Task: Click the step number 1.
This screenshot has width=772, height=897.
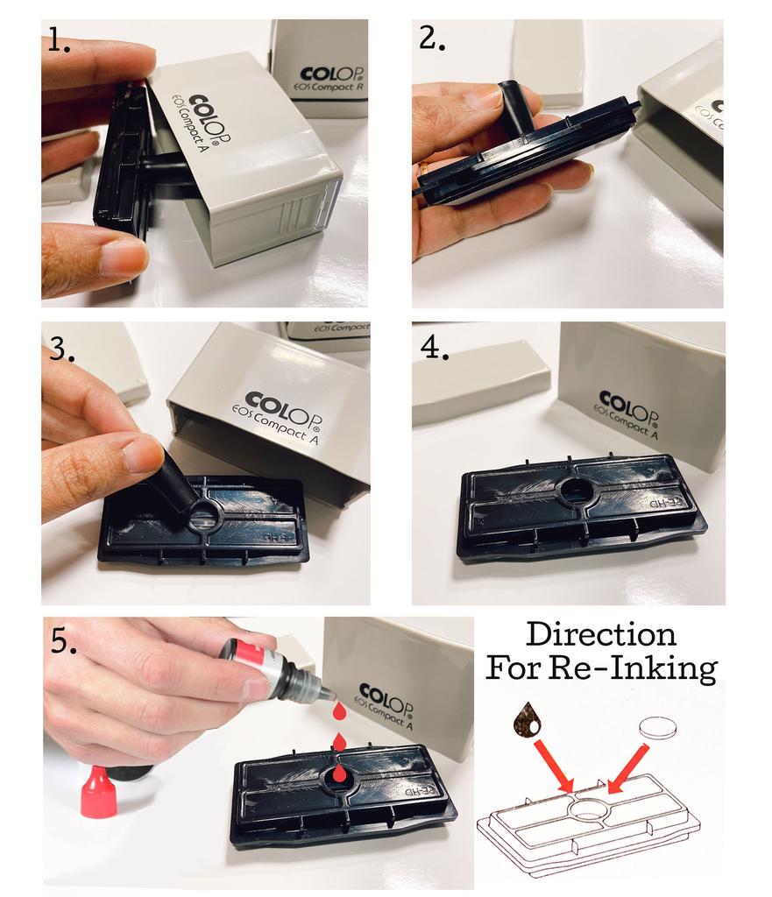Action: tap(60, 41)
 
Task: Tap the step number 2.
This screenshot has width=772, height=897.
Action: tap(433, 39)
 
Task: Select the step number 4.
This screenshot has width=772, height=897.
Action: tap(435, 347)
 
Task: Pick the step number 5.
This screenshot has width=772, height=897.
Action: tap(63, 642)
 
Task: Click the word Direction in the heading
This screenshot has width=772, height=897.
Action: tap(601, 634)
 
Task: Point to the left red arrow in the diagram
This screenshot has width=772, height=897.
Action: tap(552, 762)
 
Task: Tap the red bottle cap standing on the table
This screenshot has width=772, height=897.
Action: tap(97, 792)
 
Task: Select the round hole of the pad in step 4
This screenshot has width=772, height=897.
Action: tap(576, 491)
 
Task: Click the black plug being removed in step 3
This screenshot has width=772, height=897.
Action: tap(177, 485)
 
